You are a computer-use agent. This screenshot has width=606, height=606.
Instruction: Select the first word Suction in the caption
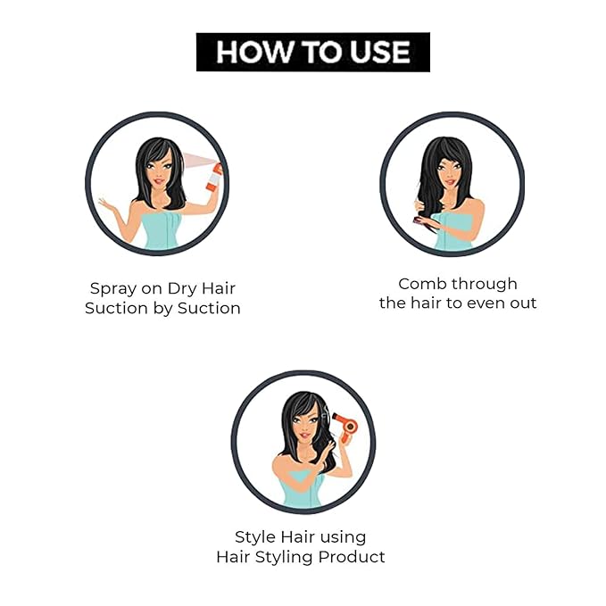coord(115,308)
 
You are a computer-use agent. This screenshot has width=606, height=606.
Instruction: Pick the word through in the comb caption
coord(486,284)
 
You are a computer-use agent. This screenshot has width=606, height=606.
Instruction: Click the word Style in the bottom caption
coord(255,537)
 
